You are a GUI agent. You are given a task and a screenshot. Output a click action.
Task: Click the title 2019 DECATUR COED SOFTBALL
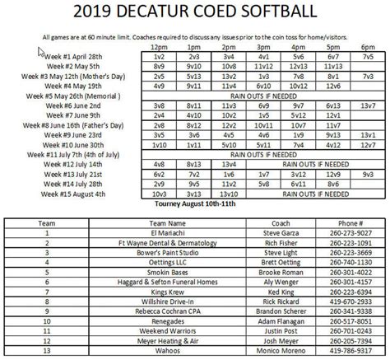coord(195,13)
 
